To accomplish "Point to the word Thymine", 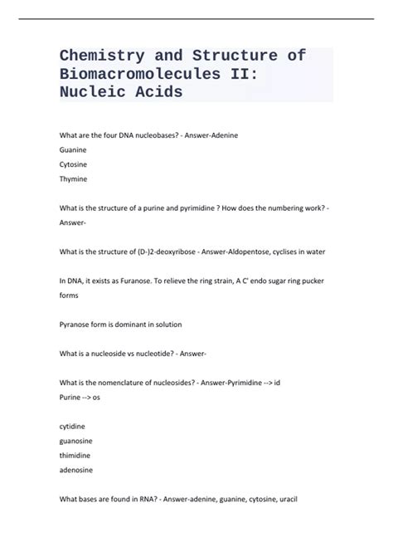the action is (73, 178).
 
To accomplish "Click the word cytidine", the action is (72, 425).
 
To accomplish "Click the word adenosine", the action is (76, 469).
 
